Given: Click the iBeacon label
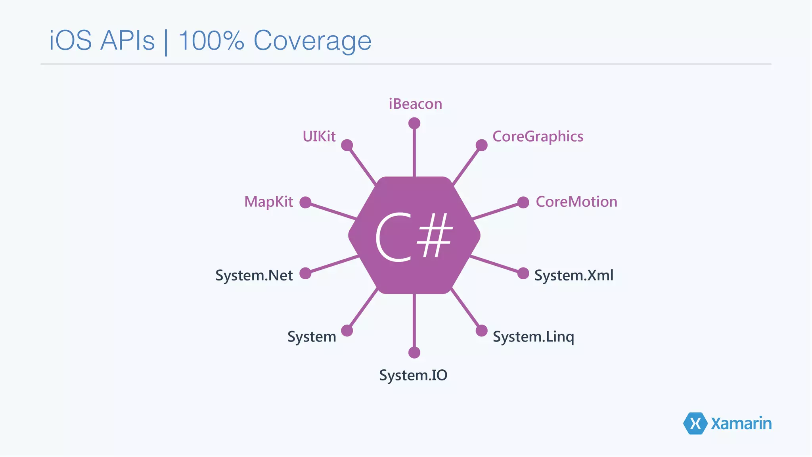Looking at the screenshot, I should tap(415, 104).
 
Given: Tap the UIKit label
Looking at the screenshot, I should tap(319, 136).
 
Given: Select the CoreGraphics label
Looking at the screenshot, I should tap(538, 136).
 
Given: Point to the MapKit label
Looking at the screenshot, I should tap(268, 202).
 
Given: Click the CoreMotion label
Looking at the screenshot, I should tap(576, 202).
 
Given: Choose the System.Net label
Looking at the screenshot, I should tap(254, 275).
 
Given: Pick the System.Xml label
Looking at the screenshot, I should tap(573, 275).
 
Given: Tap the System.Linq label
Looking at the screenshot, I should tap(533, 337).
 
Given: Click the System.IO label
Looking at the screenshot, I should tap(413, 375).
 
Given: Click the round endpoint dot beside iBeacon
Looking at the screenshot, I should tap(414, 123).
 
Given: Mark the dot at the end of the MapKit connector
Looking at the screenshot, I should tap(305, 202).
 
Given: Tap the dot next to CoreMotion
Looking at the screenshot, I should tap(523, 202).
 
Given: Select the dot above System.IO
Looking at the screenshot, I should tap(414, 352).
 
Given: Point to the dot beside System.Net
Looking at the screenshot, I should tap(305, 273).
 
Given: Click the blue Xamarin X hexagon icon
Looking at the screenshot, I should tap(695, 423).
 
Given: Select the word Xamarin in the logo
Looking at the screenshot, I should tap(741, 424).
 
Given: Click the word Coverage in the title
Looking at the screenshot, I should tap(312, 40).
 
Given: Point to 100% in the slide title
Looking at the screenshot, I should tap(211, 40).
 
